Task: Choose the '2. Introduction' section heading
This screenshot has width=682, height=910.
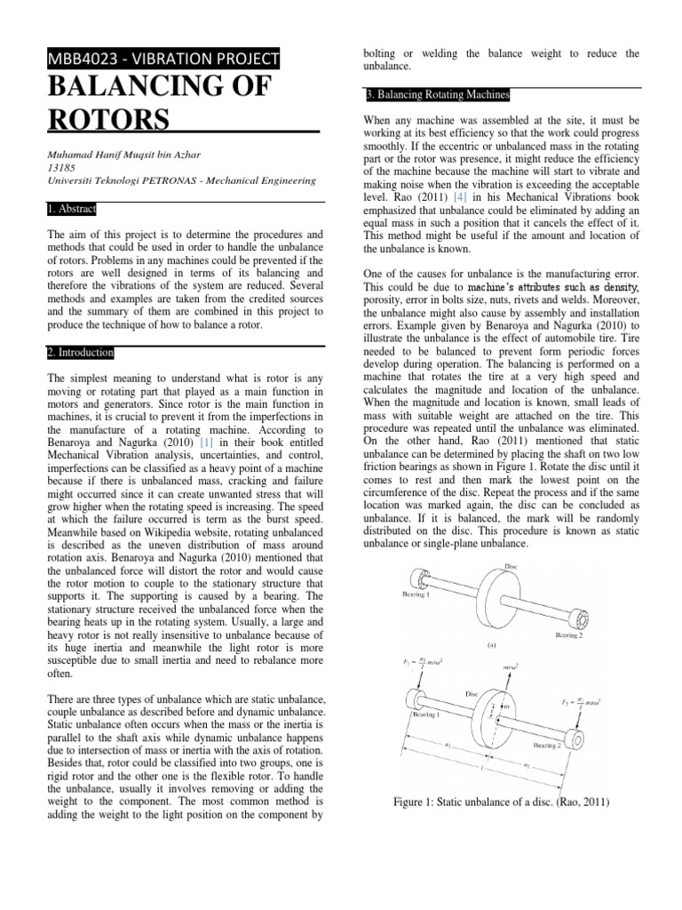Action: [x=80, y=352]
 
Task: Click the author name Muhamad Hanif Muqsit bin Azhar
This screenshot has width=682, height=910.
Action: [x=132, y=151]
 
